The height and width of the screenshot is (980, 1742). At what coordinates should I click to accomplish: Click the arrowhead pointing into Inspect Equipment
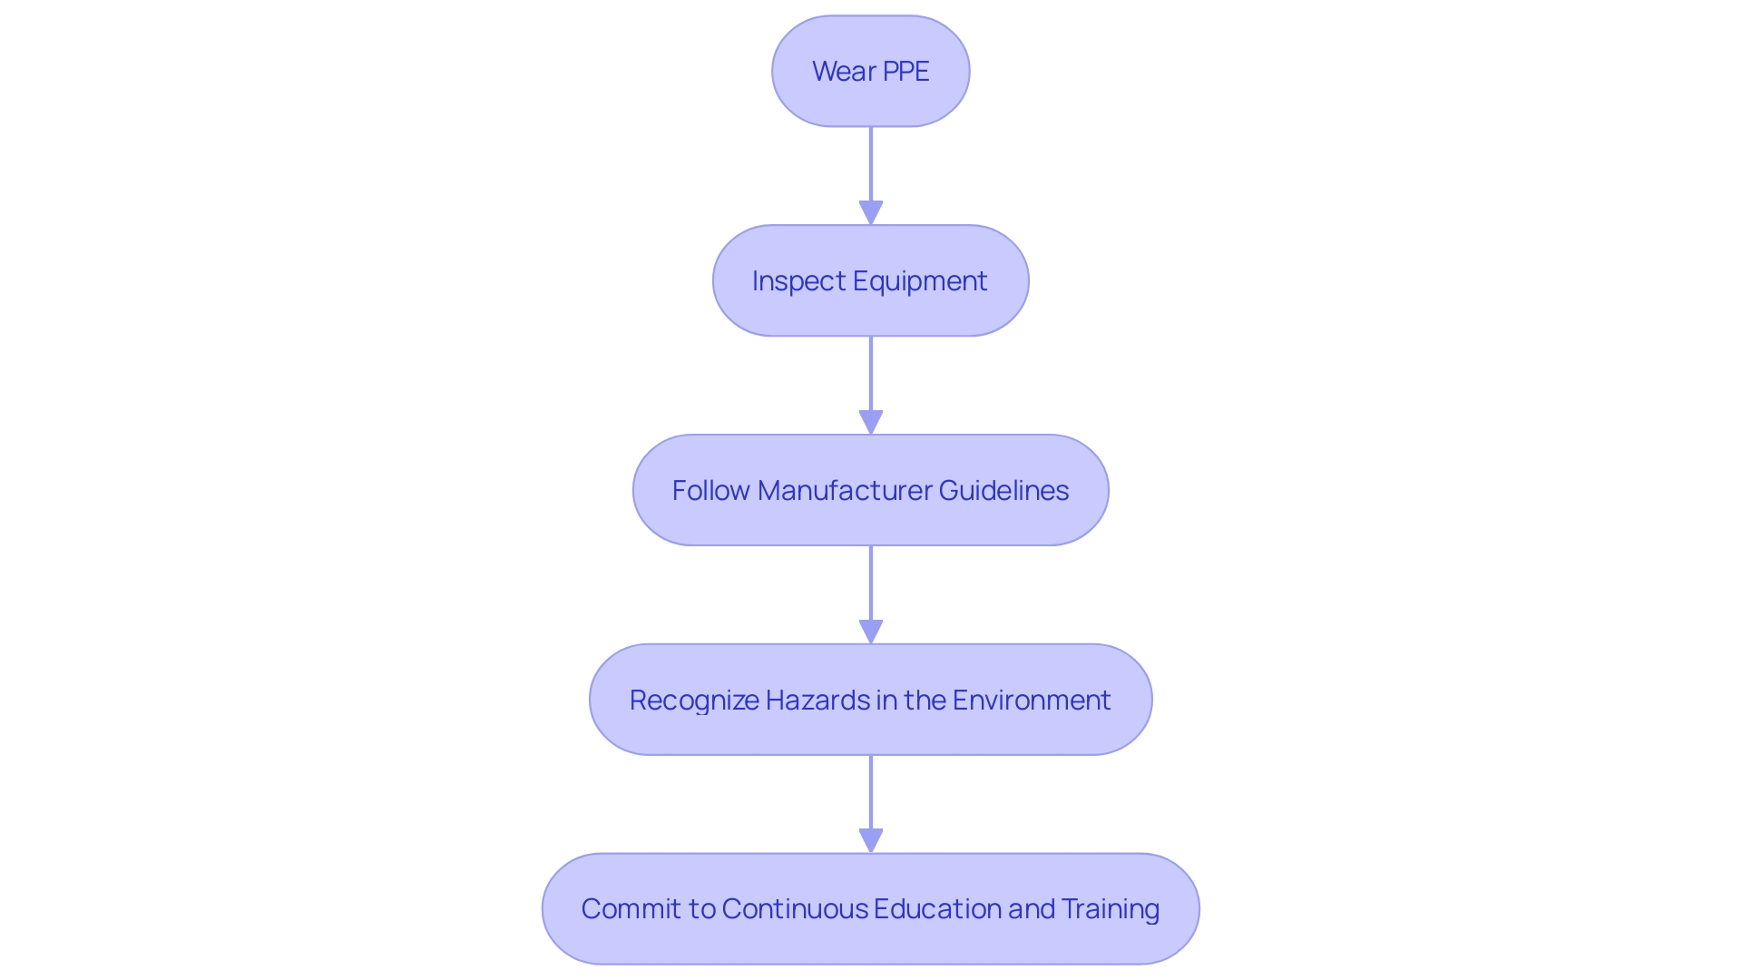(871, 212)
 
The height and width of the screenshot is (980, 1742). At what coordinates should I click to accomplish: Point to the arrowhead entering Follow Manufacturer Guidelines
(871, 422)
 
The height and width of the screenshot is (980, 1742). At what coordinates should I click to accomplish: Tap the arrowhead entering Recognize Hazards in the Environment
(871, 632)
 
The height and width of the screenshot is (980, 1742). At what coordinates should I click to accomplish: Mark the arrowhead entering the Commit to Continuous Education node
(871, 840)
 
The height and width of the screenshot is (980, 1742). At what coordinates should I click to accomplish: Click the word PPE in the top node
(905, 72)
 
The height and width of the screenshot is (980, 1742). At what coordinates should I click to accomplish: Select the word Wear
(844, 72)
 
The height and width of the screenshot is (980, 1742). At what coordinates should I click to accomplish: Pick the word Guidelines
(1003, 491)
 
